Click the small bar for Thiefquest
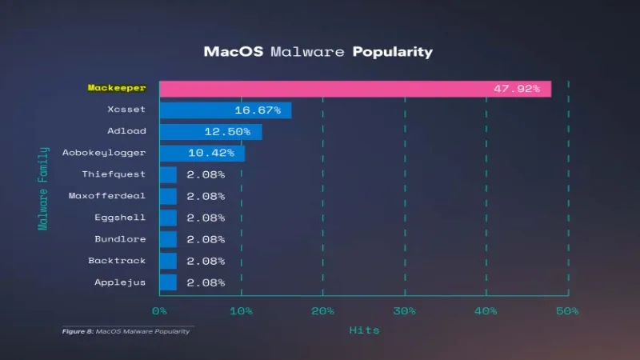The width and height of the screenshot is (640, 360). tap(168, 174)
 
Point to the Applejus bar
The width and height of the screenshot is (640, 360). tap(168, 282)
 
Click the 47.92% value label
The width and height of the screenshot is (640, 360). tap(516, 88)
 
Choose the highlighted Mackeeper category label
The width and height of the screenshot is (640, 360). tap(116, 88)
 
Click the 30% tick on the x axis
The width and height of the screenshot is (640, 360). tap(405, 310)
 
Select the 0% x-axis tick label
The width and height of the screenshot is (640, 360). tap(159, 310)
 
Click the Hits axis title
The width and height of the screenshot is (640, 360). tap(364, 330)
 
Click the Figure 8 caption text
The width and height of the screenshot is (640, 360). tap(126, 331)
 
